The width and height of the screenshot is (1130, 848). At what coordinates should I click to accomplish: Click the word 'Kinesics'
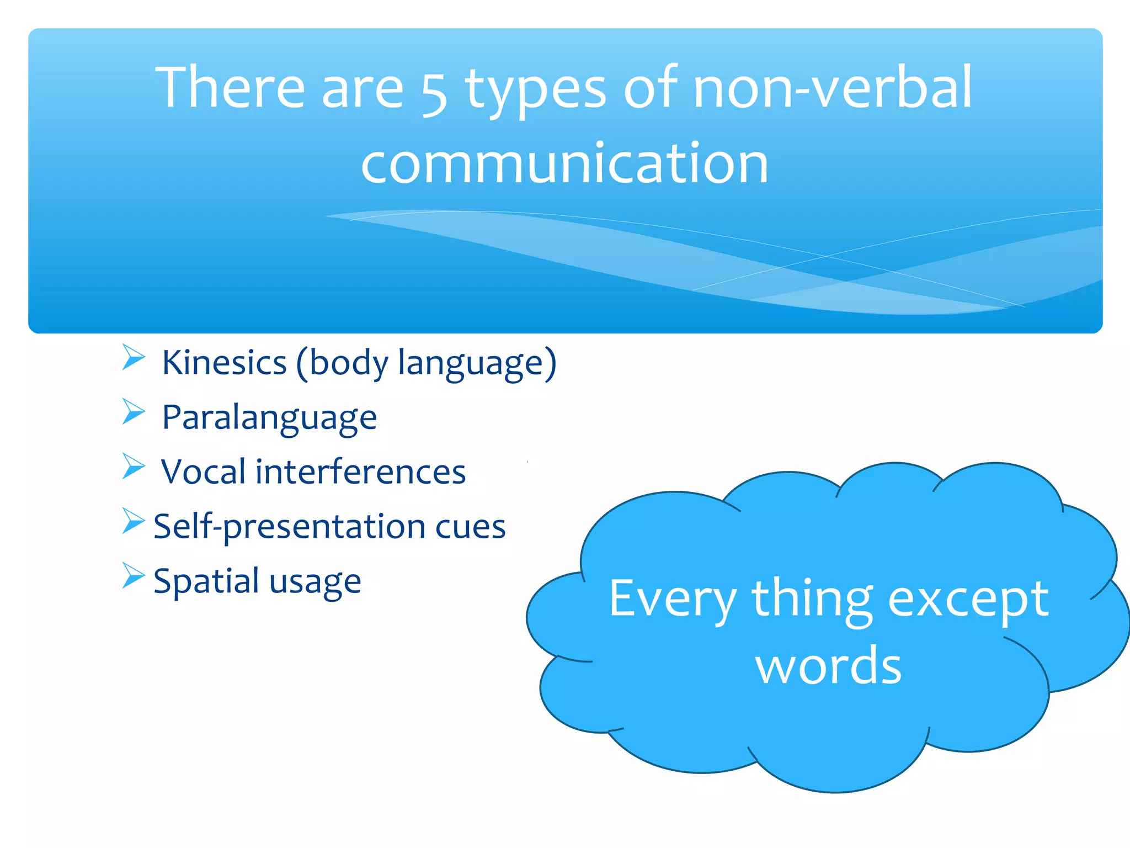225,363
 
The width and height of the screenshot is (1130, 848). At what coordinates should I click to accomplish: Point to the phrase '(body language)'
427,364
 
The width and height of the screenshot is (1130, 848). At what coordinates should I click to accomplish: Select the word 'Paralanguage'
269,418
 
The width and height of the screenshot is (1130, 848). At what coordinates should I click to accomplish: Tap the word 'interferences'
360,472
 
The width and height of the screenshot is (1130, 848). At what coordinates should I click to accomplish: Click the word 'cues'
470,527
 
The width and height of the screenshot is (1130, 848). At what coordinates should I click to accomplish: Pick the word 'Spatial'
206,581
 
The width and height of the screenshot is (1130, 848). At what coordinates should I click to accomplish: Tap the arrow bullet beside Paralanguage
133,412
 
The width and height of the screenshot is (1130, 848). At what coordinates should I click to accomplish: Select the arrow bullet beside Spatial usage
133,576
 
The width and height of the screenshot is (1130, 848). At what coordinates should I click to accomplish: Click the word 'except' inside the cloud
968,600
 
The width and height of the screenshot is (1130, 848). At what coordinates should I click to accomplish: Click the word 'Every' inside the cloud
673,600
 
